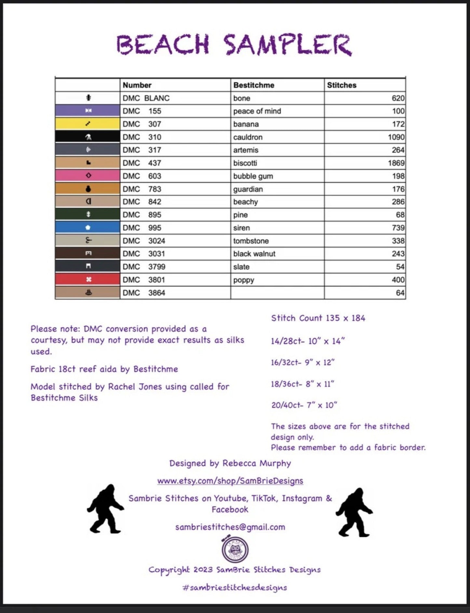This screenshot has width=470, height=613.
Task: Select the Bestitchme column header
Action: tap(254, 85)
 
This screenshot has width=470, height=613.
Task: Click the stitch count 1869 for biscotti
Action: tap(396, 163)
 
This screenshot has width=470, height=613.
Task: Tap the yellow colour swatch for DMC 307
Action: tap(87, 124)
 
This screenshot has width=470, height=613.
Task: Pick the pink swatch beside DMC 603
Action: tap(87, 176)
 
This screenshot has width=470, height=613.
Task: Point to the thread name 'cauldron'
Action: tap(248, 137)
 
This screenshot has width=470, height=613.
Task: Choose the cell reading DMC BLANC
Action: tap(146, 98)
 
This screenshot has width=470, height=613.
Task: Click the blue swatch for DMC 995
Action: tap(87, 227)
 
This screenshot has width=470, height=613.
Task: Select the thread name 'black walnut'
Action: tap(254, 254)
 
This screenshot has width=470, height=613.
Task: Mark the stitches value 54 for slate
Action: tap(400, 267)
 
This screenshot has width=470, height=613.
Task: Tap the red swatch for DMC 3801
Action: tap(87, 279)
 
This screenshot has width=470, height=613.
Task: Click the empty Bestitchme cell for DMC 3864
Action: tap(277, 293)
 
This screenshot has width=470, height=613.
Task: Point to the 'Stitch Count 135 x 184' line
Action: tap(318, 318)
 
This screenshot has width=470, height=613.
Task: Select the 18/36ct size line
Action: tap(302, 384)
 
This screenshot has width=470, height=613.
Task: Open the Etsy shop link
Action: tap(230, 481)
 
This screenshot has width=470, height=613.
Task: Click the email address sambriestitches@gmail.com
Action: tap(230, 527)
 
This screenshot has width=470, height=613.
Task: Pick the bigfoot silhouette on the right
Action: tap(354, 512)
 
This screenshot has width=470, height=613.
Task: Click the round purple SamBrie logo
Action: tap(235, 550)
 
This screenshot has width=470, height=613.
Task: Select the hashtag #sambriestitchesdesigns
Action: tap(235, 587)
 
